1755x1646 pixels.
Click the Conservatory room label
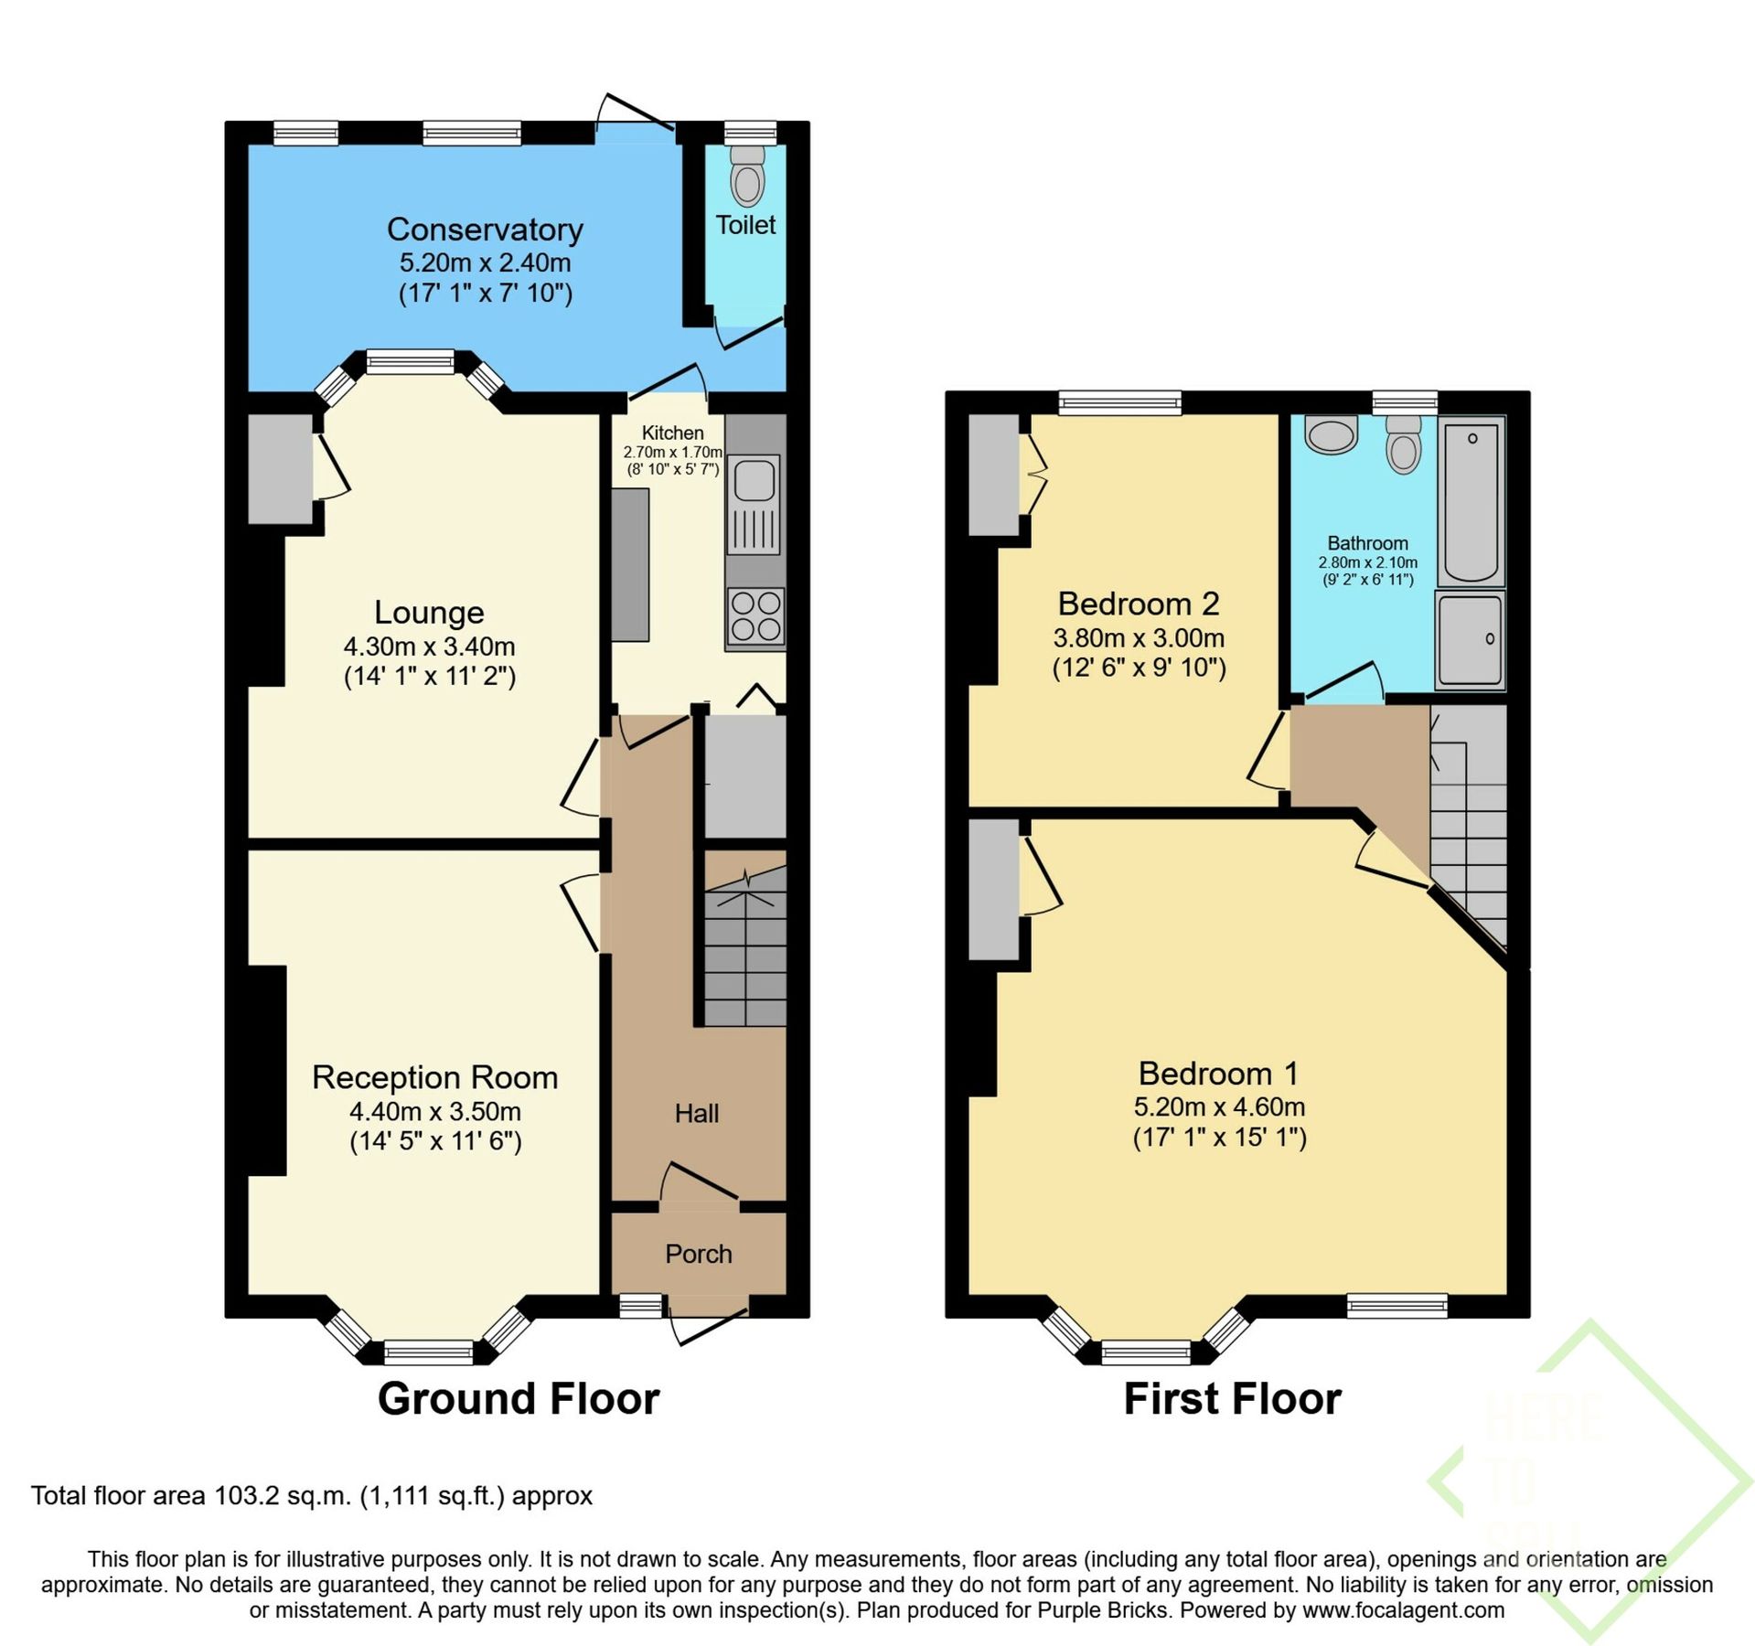pyautogui.click(x=485, y=230)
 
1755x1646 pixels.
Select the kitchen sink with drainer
pyautogui.click(x=754, y=504)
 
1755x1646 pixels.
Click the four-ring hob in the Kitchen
pyautogui.click(x=755, y=616)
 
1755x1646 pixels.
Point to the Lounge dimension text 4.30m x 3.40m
pyautogui.click(x=429, y=647)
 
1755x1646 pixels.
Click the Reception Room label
pyautogui.click(x=434, y=1077)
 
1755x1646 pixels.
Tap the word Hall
pyautogui.click(x=697, y=1113)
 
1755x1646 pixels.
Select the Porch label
pyautogui.click(x=698, y=1254)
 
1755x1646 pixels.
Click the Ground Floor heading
pyautogui.click(x=519, y=1399)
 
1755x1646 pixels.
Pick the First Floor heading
pyautogui.click(x=1232, y=1399)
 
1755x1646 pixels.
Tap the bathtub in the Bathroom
pyautogui.click(x=1471, y=501)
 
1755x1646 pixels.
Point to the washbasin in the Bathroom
pyautogui.click(x=1332, y=435)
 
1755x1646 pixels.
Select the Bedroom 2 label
pyautogui.click(x=1139, y=604)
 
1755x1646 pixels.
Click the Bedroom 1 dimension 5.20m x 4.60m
pyautogui.click(x=1219, y=1106)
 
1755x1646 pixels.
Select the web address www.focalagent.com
pyautogui.click(x=1403, y=1610)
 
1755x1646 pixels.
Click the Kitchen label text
pyautogui.click(x=672, y=433)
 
